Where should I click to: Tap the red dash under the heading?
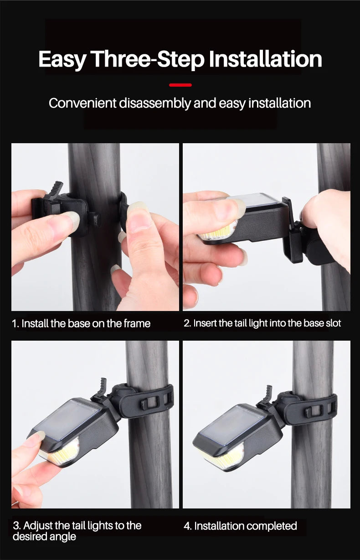coord(180,85)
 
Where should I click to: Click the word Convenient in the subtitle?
coord(82,103)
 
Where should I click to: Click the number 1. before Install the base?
coord(15,324)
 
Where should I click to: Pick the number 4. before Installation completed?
coord(188,526)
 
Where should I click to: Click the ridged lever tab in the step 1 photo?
coord(56,190)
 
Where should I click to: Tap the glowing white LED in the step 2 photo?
coord(217,233)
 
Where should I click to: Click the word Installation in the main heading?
coord(265,59)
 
